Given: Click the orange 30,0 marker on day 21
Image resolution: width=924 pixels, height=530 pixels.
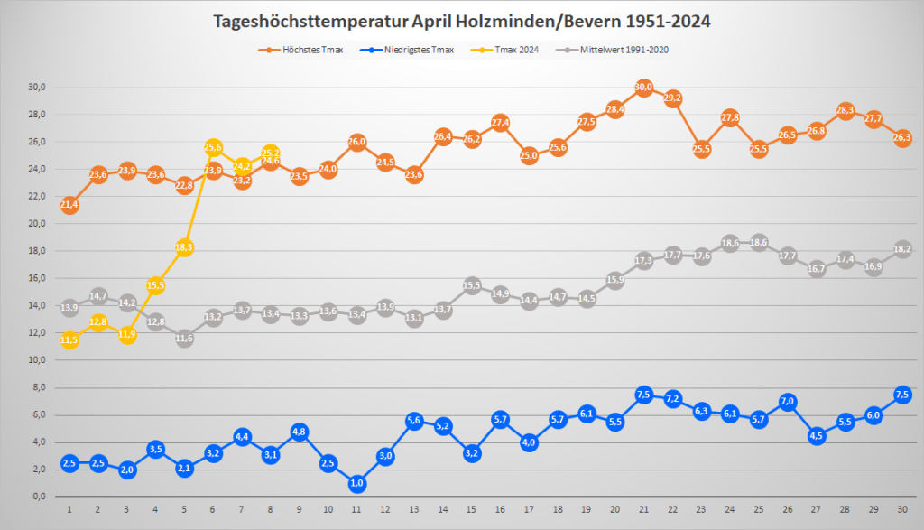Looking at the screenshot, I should (643, 88).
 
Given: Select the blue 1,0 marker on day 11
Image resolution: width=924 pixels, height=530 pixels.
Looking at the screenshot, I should (356, 483).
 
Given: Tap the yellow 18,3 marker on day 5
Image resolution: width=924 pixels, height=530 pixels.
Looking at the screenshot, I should (184, 247).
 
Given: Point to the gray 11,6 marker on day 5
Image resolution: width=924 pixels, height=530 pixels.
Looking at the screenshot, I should (184, 339).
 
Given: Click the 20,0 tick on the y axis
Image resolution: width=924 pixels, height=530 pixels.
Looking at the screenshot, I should (37, 224).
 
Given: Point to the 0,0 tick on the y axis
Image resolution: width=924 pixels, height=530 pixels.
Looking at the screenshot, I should (39, 497).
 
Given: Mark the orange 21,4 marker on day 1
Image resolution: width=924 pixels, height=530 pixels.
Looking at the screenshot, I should (69, 205).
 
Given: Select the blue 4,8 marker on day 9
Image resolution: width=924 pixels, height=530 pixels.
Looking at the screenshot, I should (299, 432).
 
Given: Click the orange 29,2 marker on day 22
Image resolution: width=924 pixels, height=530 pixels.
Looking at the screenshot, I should (672, 98).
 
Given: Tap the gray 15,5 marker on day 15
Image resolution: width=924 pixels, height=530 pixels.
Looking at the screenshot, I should (471, 285).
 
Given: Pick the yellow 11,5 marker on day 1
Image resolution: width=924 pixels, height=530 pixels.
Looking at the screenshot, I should (69, 340).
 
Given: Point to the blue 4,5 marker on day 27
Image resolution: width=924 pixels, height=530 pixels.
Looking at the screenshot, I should (816, 435).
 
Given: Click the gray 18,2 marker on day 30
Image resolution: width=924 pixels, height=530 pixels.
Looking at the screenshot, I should (901, 249).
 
